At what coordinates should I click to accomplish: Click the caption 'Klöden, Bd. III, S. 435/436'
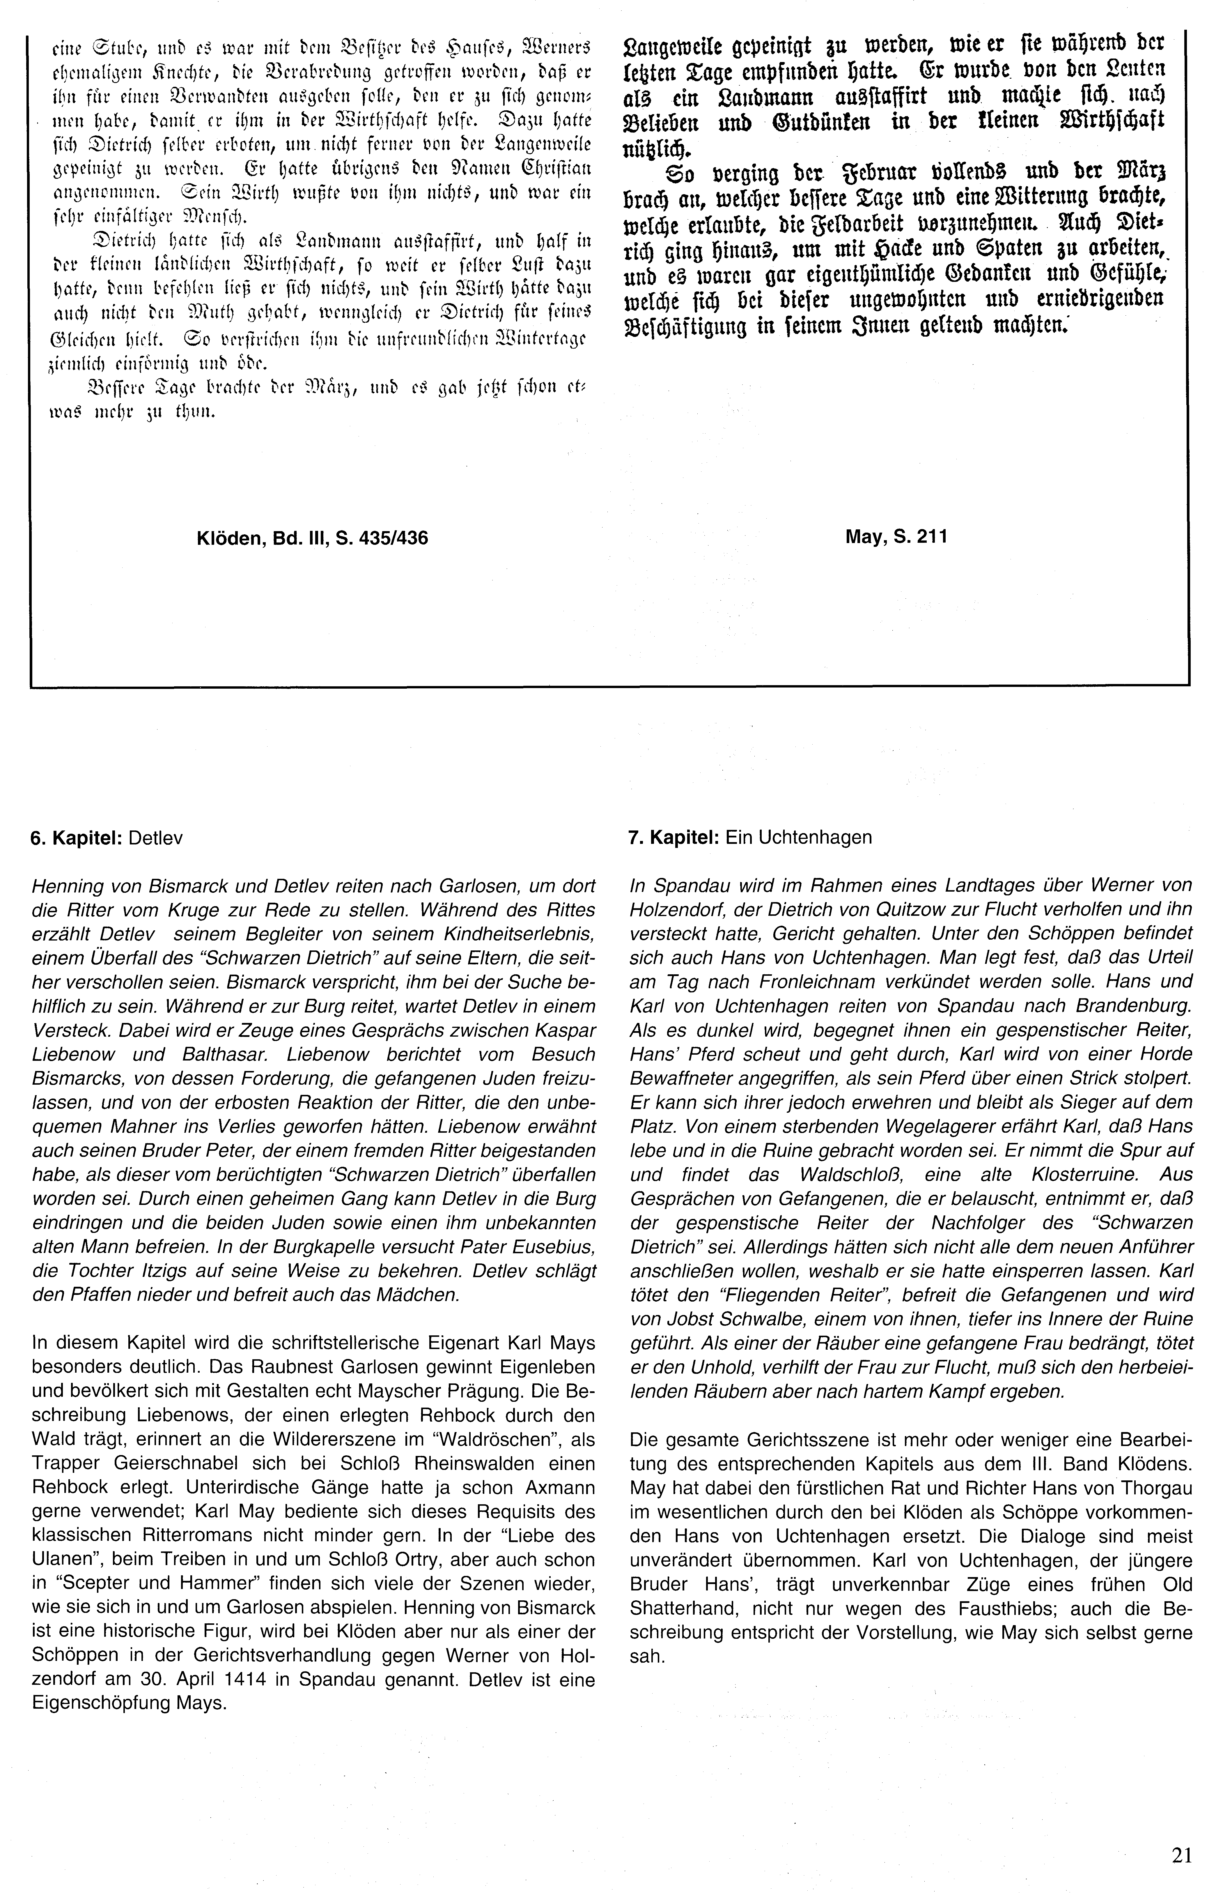tap(312, 538)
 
